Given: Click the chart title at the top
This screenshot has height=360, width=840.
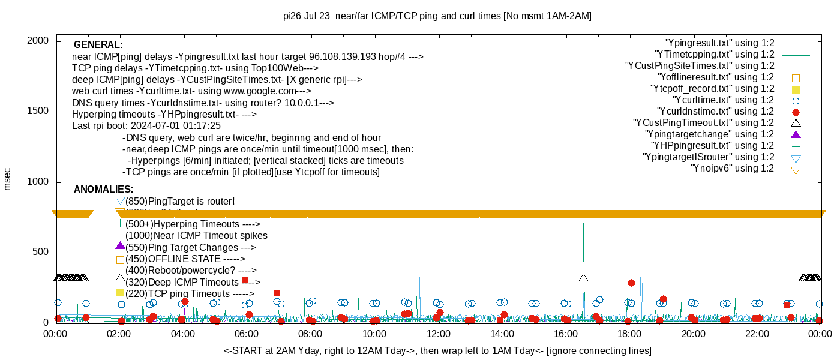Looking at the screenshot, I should click(437, 16).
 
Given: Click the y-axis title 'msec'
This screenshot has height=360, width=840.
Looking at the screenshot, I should click(8, 179).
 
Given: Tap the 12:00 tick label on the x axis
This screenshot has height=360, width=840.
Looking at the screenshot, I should click(438, 334).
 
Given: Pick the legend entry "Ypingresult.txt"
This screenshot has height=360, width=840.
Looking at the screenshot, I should click(720, 43).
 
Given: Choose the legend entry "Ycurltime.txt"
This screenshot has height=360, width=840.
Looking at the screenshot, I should click(724, 100).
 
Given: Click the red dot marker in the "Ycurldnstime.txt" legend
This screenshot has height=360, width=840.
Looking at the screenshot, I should click(796, 112).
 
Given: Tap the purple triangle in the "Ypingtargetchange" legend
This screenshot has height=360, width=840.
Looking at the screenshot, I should click(796, 134).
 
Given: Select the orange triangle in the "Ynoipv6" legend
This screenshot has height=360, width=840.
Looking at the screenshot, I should click(796, 170).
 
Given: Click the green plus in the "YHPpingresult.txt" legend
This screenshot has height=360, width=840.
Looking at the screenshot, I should click(796, 146).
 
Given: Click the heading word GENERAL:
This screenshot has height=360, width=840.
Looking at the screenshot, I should click(98, 44).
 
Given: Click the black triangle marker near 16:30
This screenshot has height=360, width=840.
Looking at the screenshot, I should click(583, 278).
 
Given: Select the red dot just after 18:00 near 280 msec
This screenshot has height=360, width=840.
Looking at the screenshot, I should click(631, 283).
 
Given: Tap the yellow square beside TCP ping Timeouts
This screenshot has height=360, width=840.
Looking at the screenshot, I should click(120, 293).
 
